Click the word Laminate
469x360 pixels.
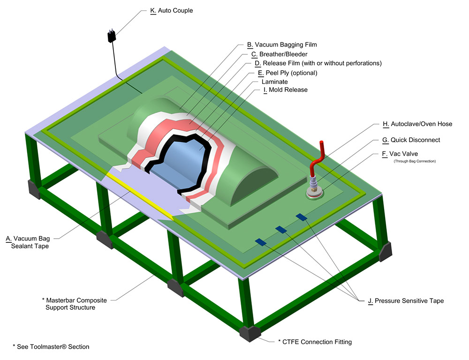(274, 82)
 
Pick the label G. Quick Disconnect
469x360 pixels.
(411, 140)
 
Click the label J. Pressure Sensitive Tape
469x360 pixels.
(406, 300)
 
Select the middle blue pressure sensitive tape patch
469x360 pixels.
(281, 229)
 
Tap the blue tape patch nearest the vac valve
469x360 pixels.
(301, 216)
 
